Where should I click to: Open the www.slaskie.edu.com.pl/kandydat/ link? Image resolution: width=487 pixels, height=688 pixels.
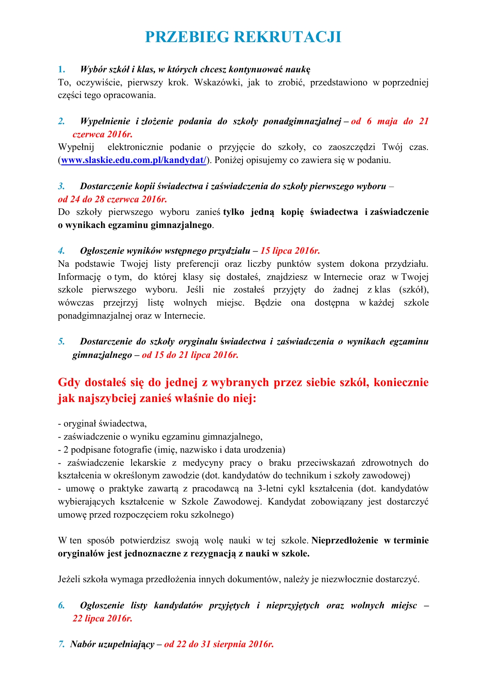[134, 160]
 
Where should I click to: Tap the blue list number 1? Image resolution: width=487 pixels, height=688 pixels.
[61, 69]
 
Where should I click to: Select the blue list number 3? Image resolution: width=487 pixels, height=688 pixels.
[61, 186]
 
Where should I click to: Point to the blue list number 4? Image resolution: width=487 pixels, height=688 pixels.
[61, 251]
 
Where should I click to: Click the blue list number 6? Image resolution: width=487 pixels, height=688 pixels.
[61, 605]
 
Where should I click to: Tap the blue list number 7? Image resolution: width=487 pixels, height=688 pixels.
[61, 644]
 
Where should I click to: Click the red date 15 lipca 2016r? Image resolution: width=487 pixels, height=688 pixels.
[290, 251]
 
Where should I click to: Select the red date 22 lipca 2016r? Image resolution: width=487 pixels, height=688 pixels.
[102, 619]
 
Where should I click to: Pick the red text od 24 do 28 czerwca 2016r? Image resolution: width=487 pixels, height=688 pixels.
[112, 199]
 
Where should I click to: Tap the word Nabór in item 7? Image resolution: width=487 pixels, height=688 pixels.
[83, 644]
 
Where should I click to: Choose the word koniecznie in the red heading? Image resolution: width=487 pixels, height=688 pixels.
[401, 383]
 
